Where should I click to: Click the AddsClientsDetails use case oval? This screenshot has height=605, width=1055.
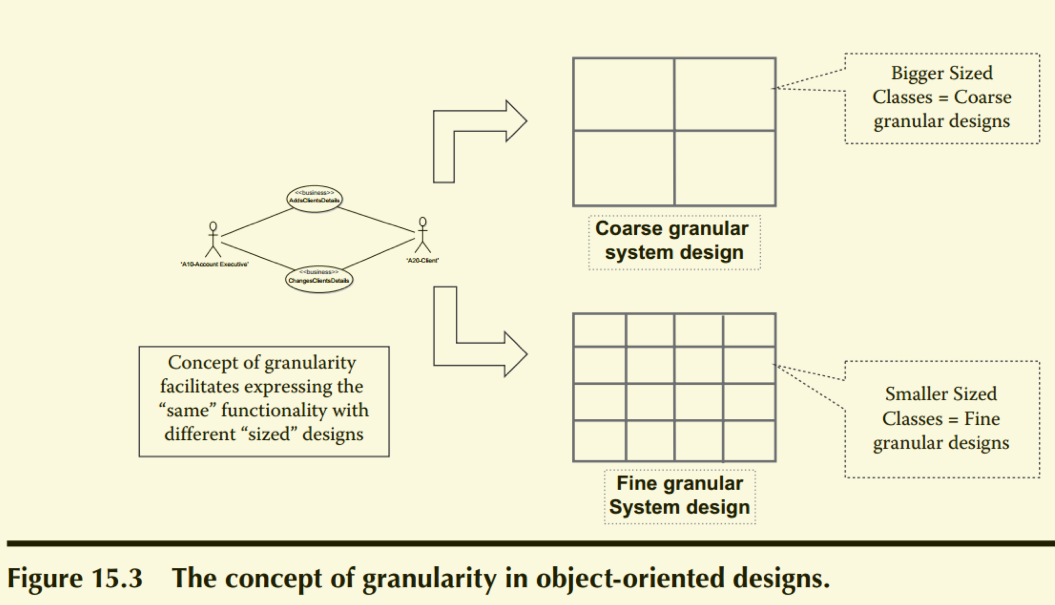tap(315, 198)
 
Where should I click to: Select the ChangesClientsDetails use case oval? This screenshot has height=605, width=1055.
tap(319, 279)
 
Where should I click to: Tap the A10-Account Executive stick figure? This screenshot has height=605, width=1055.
tap(213, 239)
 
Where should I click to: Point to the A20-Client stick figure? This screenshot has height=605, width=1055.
tap(422, 235)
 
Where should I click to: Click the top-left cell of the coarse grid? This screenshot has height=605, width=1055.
tap(624, 95)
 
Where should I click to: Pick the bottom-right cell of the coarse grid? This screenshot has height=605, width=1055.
tap(725, 168)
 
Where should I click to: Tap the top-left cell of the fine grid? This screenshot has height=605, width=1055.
tap(600, 330)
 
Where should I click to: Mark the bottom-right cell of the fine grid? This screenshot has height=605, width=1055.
tap(749, 441)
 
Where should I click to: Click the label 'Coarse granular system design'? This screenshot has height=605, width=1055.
tap(674, 241)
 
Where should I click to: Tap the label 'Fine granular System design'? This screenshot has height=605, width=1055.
tap(679, 496)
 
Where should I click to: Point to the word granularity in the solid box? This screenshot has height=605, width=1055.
tap(310, 363)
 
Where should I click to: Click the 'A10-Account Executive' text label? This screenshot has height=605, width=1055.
tap(214, 264)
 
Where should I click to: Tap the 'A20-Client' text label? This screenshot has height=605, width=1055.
tap(422, 260)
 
